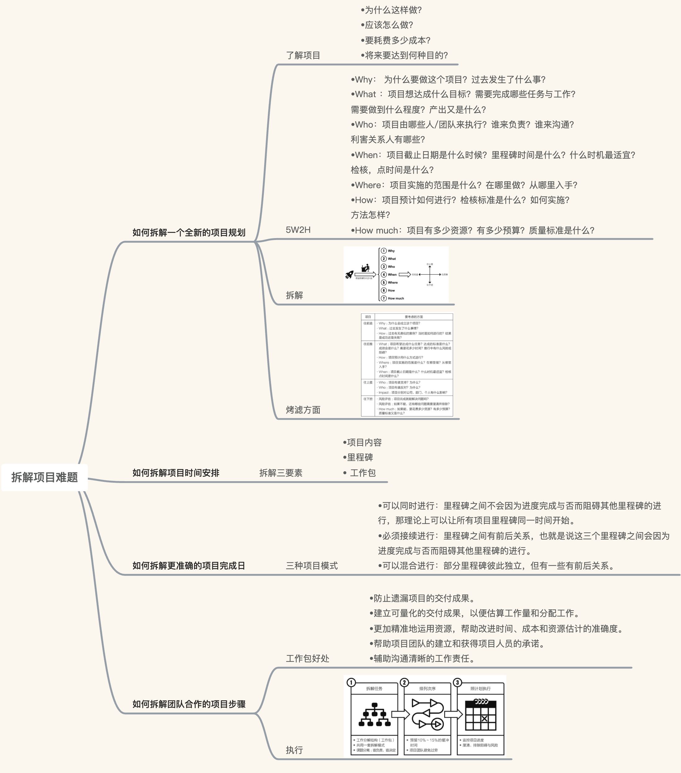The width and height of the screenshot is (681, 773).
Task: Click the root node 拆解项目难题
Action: pyautogui.click(x=45, y=477)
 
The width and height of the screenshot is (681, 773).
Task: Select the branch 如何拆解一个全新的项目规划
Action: pyautogui.click(x=189, y=233)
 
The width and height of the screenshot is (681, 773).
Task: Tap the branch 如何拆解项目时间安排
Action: pyautogui.click(x=176, y=473)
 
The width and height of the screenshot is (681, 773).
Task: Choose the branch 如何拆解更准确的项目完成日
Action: pyautogui.click(x=189, y=566)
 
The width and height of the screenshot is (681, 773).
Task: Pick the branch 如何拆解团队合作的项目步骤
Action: pyautogui.click(x=189, y=704)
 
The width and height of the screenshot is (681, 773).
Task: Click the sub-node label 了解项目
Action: pyautogui.click(x=303, y=56)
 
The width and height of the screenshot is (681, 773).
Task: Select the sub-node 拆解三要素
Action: pyautogui.click(x=281, y=473)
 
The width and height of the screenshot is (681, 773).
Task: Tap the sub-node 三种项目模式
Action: pyautogui.click(x=312, y=566)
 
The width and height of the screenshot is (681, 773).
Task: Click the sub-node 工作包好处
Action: pyautogui.click(x=307, y=658)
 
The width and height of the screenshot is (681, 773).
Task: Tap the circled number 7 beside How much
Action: pyautogui.click(x=384, y=298)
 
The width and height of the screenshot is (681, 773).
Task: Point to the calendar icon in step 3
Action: pyautogui.click(x=480, y=715)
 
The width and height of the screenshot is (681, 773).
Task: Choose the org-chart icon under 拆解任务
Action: pyautogui.click(x=374, y=715)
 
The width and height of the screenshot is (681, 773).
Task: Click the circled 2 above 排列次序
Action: pyautogui.click(x=404, y=683)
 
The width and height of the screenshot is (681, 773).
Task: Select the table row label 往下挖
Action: pyautogui.click(x=368, y=399)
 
